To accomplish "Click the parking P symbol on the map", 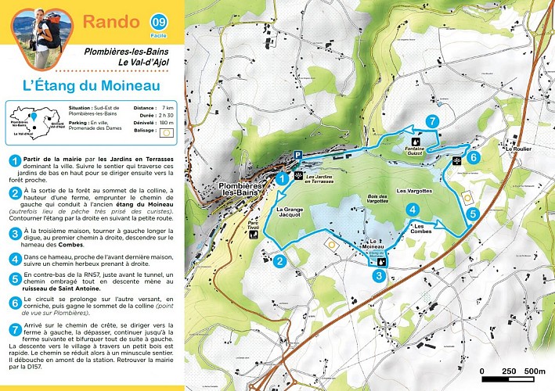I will click(297, 156).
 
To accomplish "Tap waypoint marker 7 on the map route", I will click(431, 121).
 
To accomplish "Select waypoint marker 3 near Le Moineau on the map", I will click(378, 275).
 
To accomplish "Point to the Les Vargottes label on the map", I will click(415, 190).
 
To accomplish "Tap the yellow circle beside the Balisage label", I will click(163, 133).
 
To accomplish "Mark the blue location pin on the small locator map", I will click(34, 118).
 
